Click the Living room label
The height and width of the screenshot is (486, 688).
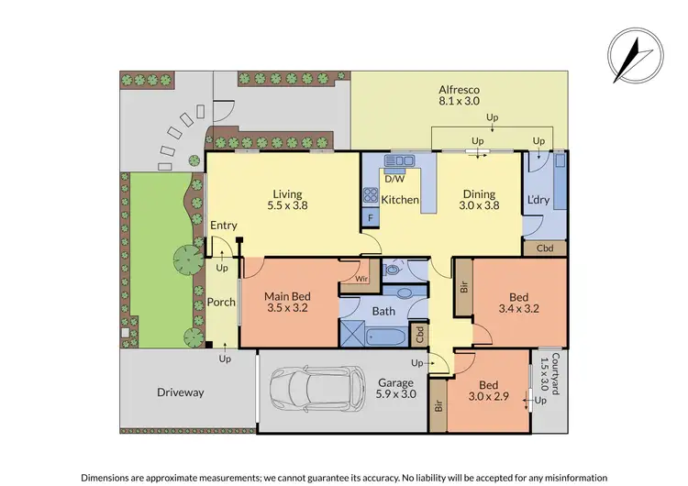point(287,199)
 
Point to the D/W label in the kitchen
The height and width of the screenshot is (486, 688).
point(395,181)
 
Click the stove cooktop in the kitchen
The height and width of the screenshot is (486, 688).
point(372,194)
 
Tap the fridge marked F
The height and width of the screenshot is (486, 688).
point(370,218)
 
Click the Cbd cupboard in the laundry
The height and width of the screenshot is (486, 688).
point(545,248)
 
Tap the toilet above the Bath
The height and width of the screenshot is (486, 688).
point(392,271)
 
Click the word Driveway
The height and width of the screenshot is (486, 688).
point(179,392)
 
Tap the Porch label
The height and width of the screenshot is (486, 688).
point(221,302)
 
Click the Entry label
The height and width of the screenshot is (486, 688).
point(223,226)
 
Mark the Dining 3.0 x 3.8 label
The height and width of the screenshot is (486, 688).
point(479,199)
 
